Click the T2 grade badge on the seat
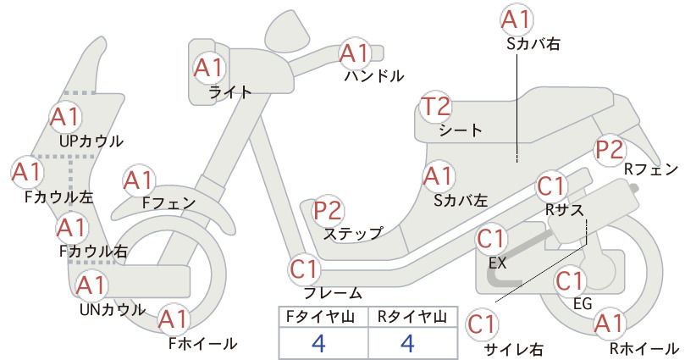point(435,107)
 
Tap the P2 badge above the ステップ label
point(328,210)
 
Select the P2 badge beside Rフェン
point(610,150)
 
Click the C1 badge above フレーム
point(304,269)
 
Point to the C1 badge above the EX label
point(491,239)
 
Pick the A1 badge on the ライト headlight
point(208,69)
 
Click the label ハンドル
point(374,76)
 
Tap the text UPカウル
point(91,141)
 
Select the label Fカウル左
point(58,197)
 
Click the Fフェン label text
point(168,202)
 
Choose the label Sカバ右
point(533,43)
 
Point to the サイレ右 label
point(514,350)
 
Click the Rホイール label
point(644,348)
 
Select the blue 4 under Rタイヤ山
point(407,343)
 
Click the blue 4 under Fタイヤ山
point(318,343)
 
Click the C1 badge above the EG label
point(570,281)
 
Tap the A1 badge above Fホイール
point(174,319)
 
